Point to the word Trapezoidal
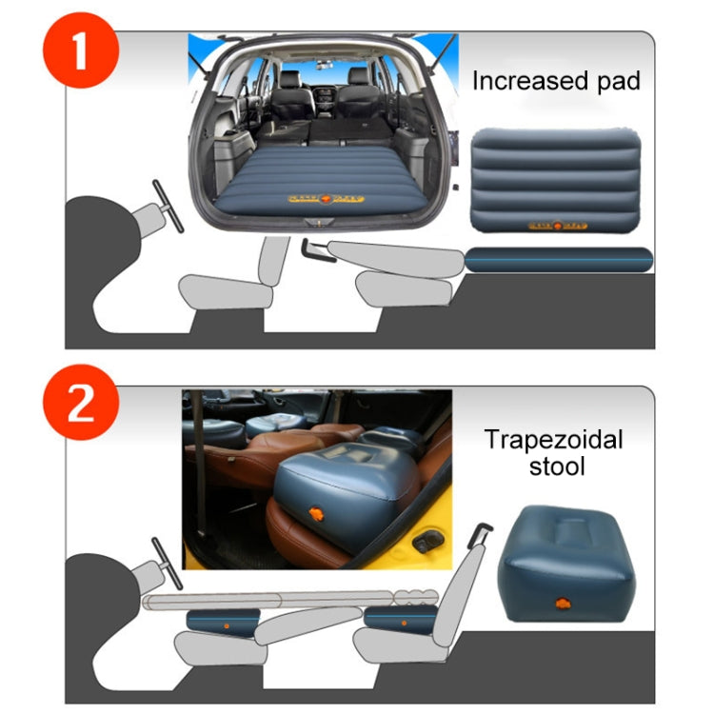pyautogui.click(x=553, y=440)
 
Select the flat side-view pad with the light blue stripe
pyautogui.click(x=560, y=260)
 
